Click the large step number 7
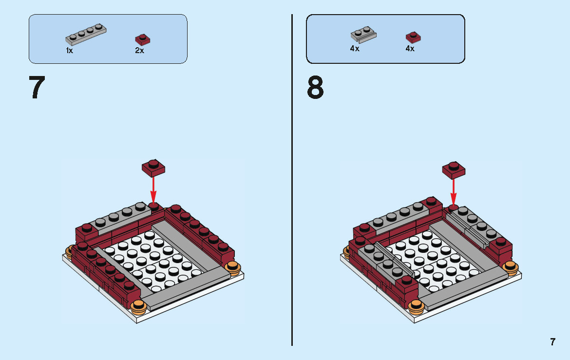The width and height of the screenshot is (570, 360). [37, 89]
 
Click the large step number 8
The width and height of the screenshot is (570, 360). [315, 89]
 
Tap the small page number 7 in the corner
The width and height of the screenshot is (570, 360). [552, 342]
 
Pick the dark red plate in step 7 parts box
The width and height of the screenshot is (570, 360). [142, 39]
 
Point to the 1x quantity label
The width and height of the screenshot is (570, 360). [70, 51]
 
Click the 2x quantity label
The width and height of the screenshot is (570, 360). [140, 51]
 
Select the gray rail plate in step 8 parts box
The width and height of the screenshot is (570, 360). [363, 35]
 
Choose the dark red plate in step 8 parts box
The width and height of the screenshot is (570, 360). [413, 37]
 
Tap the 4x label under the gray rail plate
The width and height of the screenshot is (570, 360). [355, 49]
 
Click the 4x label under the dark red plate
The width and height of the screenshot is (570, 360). [410, 49]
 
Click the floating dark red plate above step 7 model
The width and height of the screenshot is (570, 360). [153, 168]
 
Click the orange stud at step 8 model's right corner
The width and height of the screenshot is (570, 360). [511, 267]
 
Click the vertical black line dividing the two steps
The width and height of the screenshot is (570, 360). [292, 180]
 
